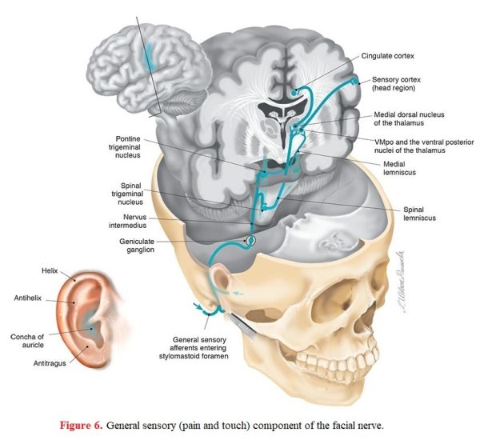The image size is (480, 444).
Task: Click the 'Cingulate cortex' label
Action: (x=387, y=56)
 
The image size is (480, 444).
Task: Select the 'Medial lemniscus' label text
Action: (x=399, y=168)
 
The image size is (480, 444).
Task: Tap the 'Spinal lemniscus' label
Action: (x=419, y=214)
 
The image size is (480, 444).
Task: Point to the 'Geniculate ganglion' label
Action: (x=137, y=246)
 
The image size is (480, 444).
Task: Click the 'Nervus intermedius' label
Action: (x=128, y=221)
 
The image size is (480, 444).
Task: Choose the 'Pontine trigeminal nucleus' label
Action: (x=125, y=147)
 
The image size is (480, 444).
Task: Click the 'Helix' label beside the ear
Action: (x=50, y=270)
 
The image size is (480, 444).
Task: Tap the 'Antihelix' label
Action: (x=27, y=298)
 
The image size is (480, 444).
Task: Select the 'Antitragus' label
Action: (x=50, y=363)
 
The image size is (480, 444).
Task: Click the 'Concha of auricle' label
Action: (x=27, y=341)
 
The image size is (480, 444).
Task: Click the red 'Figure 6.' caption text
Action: (x=81, y=426)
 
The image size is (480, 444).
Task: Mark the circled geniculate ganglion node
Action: (x=250, y=240)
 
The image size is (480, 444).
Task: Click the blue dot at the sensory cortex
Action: (x=354, y=81)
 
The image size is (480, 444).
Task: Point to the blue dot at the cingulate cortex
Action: (x=294, y=92)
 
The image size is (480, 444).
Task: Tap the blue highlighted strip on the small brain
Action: (x=150, y=56)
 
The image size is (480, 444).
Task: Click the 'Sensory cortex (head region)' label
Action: (x=396, y=84)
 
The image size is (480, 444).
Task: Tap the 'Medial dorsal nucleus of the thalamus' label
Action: (x=409, y=119)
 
